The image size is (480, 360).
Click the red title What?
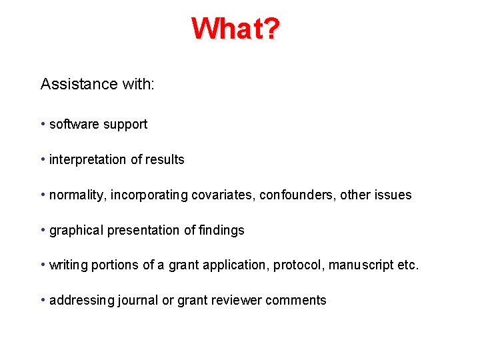(236, 28)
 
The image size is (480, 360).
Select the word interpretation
(87, 160)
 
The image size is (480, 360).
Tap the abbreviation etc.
(408, 265)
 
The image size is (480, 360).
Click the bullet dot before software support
(43, 125)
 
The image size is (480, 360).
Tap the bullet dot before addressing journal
(43, 300)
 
